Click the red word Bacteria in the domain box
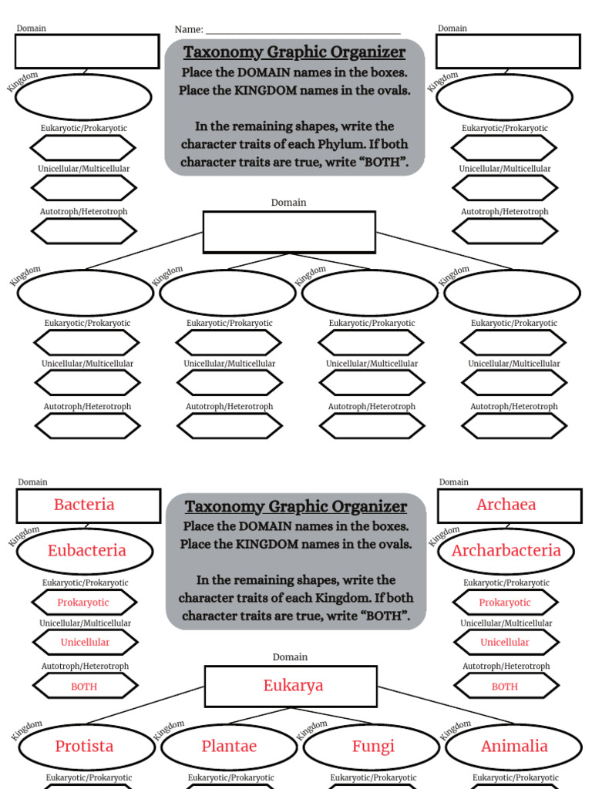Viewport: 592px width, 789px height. pos(84,505)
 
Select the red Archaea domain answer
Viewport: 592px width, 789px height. pos(506,505)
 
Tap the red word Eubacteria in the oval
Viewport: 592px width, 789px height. pos(86,551)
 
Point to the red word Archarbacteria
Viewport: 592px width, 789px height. pos(506,551)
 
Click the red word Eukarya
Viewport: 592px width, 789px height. pos(293,686)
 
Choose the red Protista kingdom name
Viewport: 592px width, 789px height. pos(84,747)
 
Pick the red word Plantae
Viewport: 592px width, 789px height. pos(229,747)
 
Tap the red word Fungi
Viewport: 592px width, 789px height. pos(373,747)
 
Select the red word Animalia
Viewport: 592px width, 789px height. pos(514,747)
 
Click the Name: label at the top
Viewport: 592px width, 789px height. pos(189,30)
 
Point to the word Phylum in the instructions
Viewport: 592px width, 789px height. pos(351,144)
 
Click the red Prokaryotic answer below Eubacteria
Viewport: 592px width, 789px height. pos(83,603)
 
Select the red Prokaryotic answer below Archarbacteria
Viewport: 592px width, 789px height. pos(505,603)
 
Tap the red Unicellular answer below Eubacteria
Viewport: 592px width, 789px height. pos(85,643)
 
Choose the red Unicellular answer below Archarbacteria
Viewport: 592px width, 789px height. pos(505,643)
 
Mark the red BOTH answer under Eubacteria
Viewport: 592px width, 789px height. pos(84,687)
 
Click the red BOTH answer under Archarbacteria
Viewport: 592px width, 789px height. pos(505,687)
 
